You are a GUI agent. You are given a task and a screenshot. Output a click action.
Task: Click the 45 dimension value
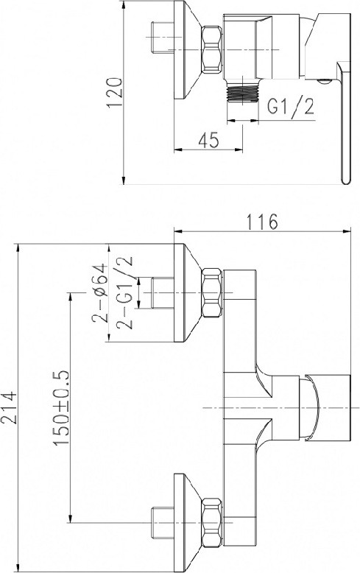[x=209, y=140]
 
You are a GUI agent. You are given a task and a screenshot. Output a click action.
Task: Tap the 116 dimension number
[x=262, y=222]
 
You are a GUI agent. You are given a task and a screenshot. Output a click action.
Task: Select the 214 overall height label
[x=9, y=408]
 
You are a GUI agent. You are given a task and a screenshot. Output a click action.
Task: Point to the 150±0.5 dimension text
[x=61, y=408]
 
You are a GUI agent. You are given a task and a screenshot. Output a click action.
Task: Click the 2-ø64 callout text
[x=99, y=292]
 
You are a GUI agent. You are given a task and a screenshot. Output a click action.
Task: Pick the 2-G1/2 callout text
[x=124, y=292]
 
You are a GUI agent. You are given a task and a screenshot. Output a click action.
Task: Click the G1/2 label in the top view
[x=290, y=106]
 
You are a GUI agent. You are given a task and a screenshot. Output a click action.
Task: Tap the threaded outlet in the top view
[x=242, y=91]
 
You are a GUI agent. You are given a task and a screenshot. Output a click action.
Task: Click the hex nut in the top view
[x=212, y=49]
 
